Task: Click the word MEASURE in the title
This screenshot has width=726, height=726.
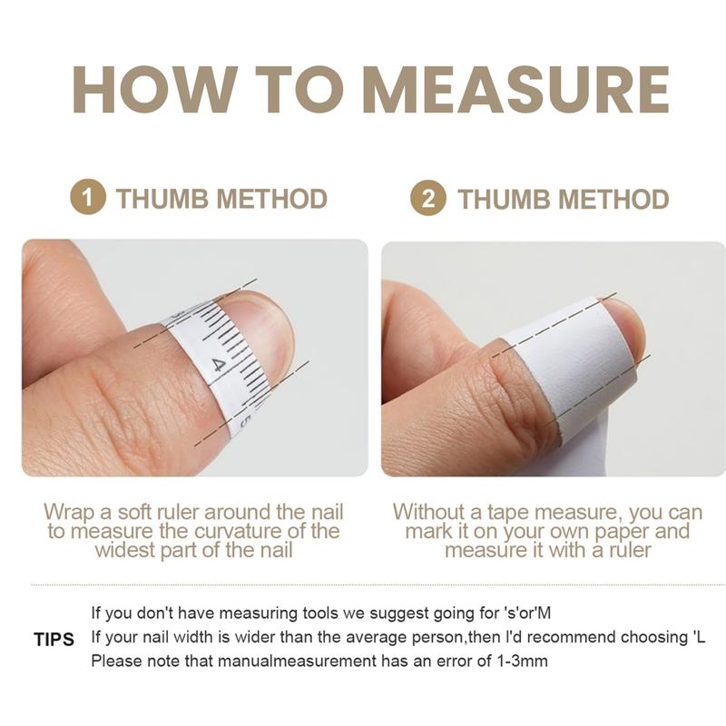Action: (515, 89)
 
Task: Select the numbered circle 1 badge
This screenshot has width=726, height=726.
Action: (87, 197)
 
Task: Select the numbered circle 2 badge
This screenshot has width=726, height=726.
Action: (428, 198)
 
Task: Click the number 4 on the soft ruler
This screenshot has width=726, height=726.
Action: (218, 366)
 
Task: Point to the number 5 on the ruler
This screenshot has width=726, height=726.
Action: (245, 422)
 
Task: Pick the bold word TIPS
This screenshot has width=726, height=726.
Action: (54, 640)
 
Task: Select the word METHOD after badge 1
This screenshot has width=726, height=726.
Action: (271, 199)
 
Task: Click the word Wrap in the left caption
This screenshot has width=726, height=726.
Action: (70, 513)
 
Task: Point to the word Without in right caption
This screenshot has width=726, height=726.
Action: (427, 512)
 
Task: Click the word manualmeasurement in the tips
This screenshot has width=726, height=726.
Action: (297, 661)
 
